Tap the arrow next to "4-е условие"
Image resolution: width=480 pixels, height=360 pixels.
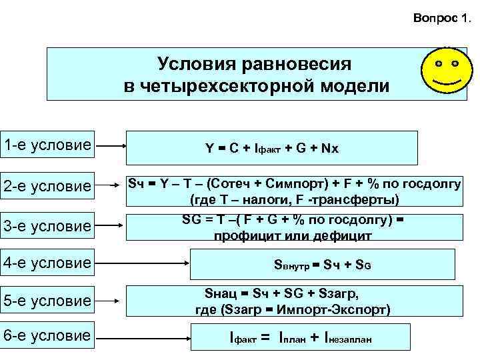[x=143, y=263]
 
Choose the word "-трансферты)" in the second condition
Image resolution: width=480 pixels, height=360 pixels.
[x=361, y=199]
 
